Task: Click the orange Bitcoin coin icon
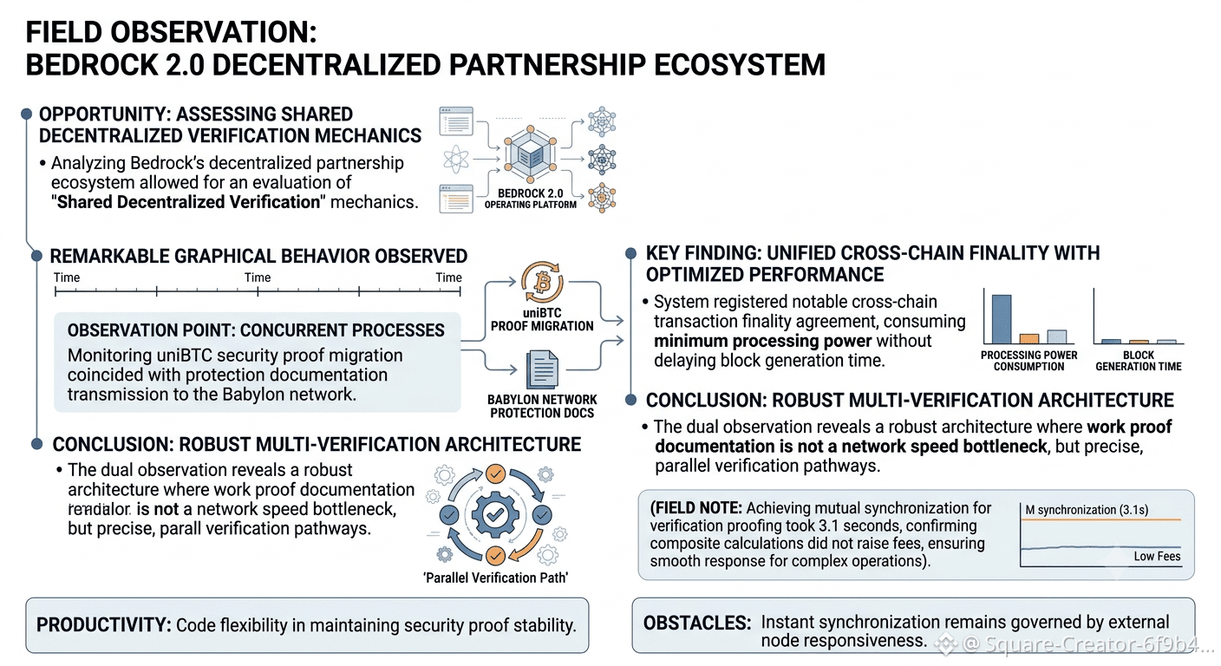point(542,283)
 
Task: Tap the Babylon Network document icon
point(542,370)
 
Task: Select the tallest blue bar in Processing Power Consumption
point(1002,319)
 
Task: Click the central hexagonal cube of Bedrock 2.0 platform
point(529,156)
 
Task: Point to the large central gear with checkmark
point(495,514)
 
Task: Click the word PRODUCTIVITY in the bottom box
point(103,624)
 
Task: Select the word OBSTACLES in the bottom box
point(697,623)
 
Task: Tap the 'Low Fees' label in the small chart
point(1157,556)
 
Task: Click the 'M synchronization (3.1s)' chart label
point(1087,510)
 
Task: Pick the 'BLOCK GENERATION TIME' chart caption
point(1138,361)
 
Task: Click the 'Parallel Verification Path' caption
point(495,578)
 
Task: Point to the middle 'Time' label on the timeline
point(258,277)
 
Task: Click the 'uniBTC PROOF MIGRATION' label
point(542,319)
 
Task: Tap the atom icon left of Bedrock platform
point(456,160)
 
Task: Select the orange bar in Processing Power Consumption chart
point(1029,338)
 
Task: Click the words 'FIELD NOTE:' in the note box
point(695,508)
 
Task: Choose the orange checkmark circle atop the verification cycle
point(495,473)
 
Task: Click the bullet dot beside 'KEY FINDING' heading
point(630,253)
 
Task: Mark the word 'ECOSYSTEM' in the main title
point(740,64)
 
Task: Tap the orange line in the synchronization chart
point(1100,520)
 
